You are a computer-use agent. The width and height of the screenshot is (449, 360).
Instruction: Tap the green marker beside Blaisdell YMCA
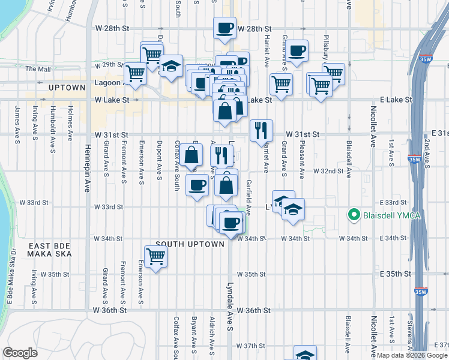tap(354, 215)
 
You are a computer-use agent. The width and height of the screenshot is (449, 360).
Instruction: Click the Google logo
tap(20, 353)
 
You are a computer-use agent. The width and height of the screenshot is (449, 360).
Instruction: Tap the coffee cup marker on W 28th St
tap(225, 28)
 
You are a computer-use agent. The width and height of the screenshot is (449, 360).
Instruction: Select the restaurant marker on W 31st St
tap(261, 130)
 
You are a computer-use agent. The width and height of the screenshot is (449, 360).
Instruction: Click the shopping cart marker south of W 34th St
tap(156, 257)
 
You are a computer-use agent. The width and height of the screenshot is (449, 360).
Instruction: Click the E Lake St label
tap(396, 100)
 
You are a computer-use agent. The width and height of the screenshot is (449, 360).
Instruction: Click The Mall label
tap(38, 69)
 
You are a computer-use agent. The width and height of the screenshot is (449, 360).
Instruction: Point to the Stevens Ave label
tap(410, 340)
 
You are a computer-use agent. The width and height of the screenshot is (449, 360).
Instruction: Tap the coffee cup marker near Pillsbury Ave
tap(297, 51)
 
